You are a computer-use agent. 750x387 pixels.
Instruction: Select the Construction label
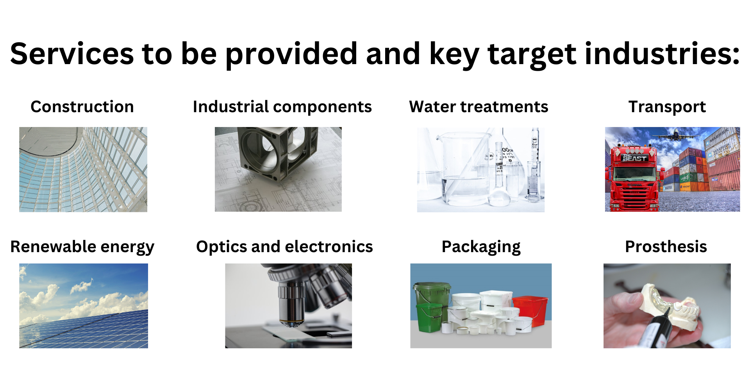pyautogui.click(x=82, y=107)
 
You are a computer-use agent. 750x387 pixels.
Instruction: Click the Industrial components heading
pyautogui.click(x=282, y=107)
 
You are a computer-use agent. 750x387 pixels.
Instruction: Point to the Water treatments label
pyautogui.click(x=479, y=107)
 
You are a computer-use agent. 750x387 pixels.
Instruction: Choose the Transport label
pyautogui.click(x=667, y=107)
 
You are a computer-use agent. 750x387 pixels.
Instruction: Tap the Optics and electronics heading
pyautogui.click(x=284, y=247)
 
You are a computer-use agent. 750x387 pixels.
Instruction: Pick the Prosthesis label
pyautogui.click(x=666, y=247)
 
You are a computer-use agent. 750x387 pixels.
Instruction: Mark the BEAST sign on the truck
pyautogui.click(x=634, y=158)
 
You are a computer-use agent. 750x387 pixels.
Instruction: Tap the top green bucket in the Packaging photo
pyautogui.click(x=431, y=293)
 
